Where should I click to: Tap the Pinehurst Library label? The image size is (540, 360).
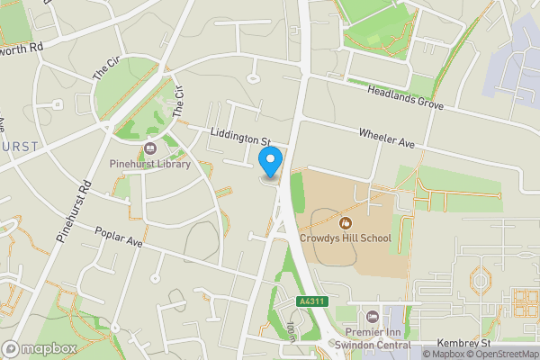[x=149, y=164]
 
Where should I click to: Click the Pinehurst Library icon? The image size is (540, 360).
[x=149, y=148]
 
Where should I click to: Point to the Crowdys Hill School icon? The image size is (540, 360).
[x=345, y=222]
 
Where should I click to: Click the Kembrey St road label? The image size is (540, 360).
[x=462, y=343]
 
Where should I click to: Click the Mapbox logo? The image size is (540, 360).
[x=40, y=347]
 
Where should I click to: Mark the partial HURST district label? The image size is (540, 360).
[x=19, y=146]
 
